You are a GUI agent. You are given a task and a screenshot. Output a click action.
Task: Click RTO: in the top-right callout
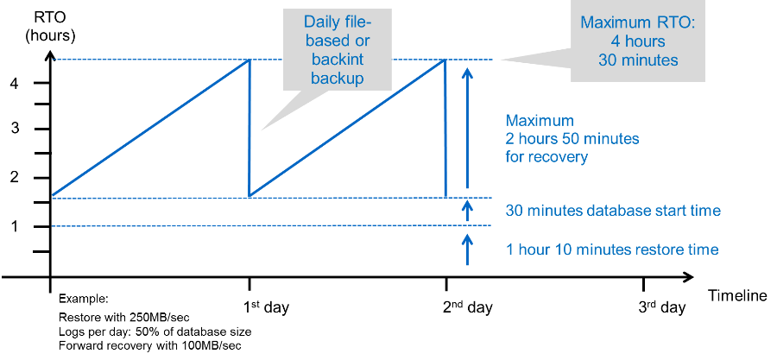(675, 22)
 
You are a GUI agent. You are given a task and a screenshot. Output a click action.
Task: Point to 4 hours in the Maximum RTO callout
(638, 41)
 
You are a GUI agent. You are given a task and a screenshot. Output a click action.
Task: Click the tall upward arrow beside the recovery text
(467, 129)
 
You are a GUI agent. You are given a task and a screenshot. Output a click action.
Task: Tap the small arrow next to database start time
(467, 211)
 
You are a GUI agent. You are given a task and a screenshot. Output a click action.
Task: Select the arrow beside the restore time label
(467, 249)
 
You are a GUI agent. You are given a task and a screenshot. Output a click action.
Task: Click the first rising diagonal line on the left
(151, 128)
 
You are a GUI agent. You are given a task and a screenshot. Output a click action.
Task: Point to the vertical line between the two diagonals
(250, 128)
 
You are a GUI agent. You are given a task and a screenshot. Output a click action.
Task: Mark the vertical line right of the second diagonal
(445, 128)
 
